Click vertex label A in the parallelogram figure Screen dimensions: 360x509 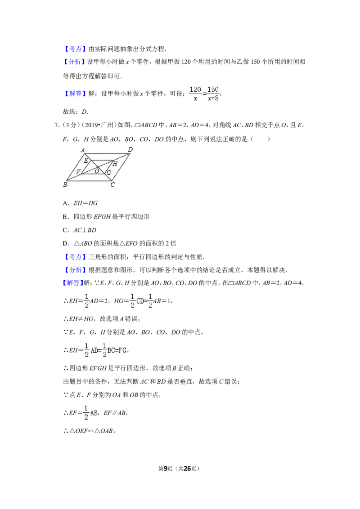coord(83,150)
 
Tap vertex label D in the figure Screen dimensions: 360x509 coord(130,149)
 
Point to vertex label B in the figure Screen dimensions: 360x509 coord(65,185)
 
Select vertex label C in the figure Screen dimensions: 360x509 coord(112,185)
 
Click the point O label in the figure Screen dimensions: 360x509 coord(97,171)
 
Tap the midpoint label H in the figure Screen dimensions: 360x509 coord(115,164)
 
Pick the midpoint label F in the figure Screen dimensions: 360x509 coord(78,171)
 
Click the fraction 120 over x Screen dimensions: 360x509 coord(195,94)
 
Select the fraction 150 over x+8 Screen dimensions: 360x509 coord(213,94)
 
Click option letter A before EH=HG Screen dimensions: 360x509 coord(65,203)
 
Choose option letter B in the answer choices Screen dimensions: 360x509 coord(65,217)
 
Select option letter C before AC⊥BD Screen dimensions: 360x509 coord(65,230)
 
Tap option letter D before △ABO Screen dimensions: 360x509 coord(65,243)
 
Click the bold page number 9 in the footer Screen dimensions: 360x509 coord(166,469)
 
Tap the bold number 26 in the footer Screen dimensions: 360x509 coord(187,469)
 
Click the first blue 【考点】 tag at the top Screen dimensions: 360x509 coord(75,49)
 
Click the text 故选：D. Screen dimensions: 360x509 coord(76,112)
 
